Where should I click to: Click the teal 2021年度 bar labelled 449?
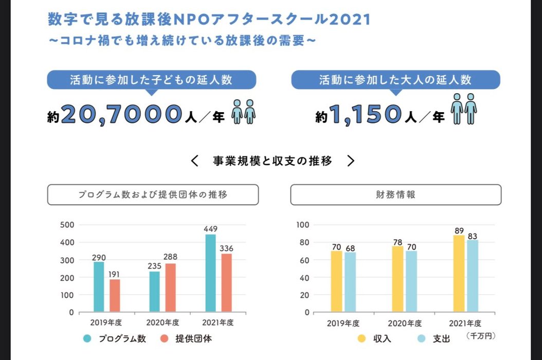point(210,273)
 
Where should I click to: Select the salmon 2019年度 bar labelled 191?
point(115,295)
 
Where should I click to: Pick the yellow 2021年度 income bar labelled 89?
point(459,273)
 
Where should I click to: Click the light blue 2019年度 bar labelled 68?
point(350,282)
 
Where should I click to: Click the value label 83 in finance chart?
point(473,237)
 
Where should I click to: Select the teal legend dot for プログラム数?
point(87,338)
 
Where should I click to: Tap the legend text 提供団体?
point(193,338)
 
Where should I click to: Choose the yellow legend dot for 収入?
point(362,338)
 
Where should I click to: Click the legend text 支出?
point(441,338)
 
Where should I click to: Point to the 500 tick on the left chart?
point(67,225)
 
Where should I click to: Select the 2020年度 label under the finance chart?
point(405,323)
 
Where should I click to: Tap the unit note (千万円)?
point(480,335)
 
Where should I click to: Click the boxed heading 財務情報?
point(395,195)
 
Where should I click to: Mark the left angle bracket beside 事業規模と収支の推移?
point(194,161)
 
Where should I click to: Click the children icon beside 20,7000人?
point(243,112)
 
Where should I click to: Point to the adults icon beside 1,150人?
point(463,109)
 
